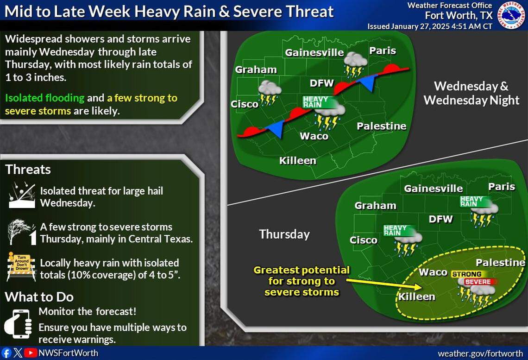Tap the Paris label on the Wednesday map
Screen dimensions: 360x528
click(x=383, y=51)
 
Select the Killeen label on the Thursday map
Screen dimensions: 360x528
click(x=417, y=297)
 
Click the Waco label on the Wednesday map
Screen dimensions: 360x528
click(x=314, y=136)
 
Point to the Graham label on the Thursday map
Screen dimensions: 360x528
click(x=375, y=205)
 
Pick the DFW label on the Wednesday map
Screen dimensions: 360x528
click(x=321, y=83)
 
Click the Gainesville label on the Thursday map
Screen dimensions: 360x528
click(x=433, y=189)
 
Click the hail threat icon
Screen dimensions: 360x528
click(x=21, y=196)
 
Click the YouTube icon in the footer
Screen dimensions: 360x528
click(x=31, y=353)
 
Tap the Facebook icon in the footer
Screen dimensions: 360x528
click(x=6, y=353)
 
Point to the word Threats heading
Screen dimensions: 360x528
click(x=28, y=170)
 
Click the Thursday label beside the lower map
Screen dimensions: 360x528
click(x=284, y=234)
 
